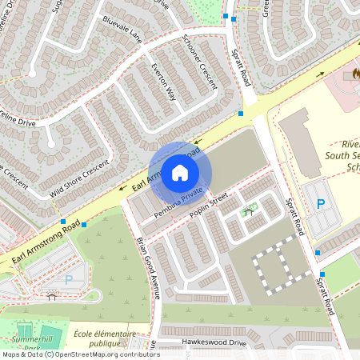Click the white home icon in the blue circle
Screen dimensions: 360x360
[180, 173]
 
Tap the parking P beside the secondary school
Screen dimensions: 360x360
[321, 205]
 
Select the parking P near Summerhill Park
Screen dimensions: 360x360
[68, 279]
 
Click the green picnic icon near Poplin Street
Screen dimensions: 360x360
[249, 209]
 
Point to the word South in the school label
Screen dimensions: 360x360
[345, 157]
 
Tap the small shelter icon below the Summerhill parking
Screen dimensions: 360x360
[52, 296]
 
